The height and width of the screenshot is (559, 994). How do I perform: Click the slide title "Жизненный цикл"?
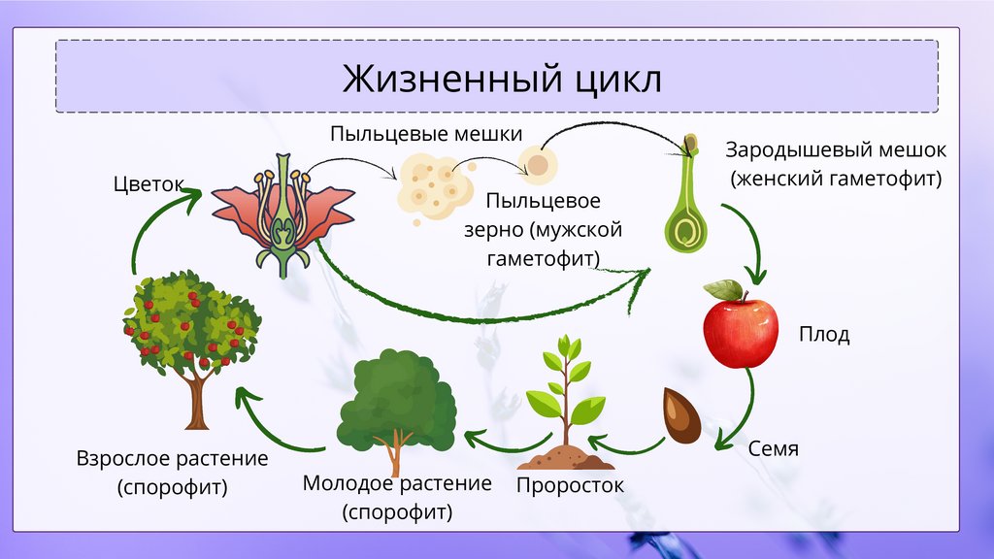[501, 78]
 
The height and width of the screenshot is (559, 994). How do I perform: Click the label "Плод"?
[824, 336]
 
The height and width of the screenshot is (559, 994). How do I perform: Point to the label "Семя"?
[773, 449]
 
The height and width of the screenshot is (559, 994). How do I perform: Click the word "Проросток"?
[570, 484]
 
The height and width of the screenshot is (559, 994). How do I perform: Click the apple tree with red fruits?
[192, 340]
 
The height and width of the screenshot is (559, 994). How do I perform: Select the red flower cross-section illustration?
[282, 214]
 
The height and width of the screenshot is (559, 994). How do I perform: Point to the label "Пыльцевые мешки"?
[426, 134]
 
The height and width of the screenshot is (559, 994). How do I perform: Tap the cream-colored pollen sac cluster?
[433, 184]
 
